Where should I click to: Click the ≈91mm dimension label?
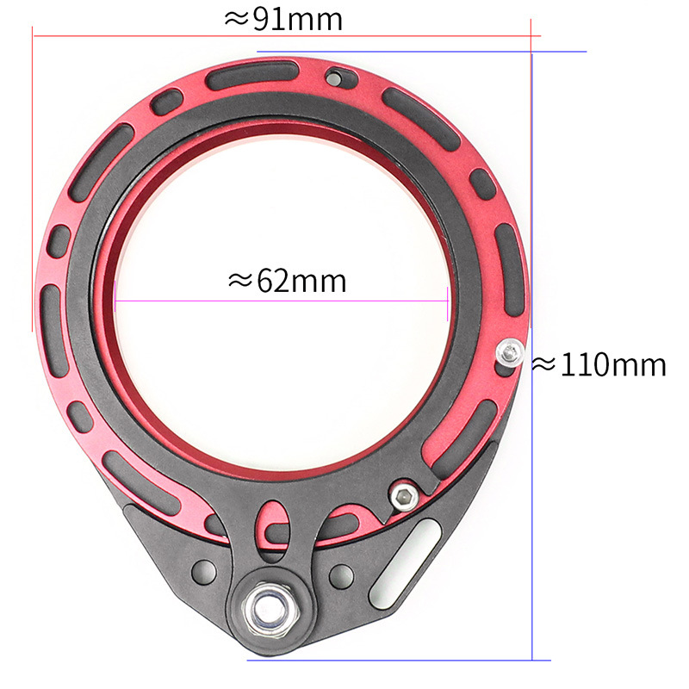pyautogui.click(x=283, y=19)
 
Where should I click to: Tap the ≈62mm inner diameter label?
pyautogui.click(x=288, y=282)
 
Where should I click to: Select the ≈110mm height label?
pyautogui.click(x=599, y=365)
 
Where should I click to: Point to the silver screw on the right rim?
pyautogui.click(x=510, y=352)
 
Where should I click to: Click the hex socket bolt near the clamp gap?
pyautogui.click(x=404, y=497)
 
